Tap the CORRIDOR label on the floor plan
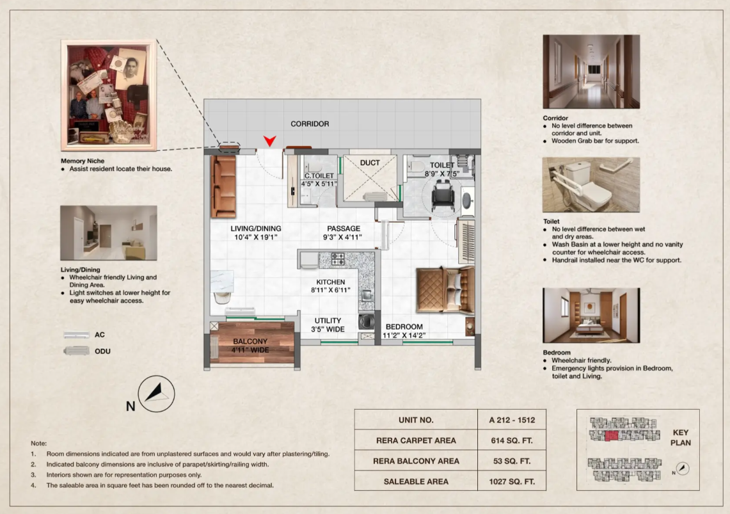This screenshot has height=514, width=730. point(310,124)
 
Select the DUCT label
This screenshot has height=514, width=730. point(370,163)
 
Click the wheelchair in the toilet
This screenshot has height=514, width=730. point(443,195)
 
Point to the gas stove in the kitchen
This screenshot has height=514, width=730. point(338,259)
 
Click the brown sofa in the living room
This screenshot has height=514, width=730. point(223,187)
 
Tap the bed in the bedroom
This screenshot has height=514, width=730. point(445,289)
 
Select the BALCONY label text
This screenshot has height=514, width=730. point(250,341)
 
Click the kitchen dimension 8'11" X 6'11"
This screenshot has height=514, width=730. point(331,290)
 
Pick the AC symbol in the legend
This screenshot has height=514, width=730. point(76,335)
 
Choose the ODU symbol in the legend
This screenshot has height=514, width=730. point(76,351)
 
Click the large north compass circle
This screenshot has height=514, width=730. point(156,394)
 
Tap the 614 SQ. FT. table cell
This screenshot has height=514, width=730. point(512,440)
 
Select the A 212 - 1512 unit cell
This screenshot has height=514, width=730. point(512,420)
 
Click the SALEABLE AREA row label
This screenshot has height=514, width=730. point(416,481)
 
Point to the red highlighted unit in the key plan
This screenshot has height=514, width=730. point(611,437)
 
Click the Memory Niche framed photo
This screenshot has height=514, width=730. point(109,95)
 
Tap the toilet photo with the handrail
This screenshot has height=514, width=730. point(591,185)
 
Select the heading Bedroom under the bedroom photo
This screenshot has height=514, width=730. point(557,353)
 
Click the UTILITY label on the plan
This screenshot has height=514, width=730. point(328,321)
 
